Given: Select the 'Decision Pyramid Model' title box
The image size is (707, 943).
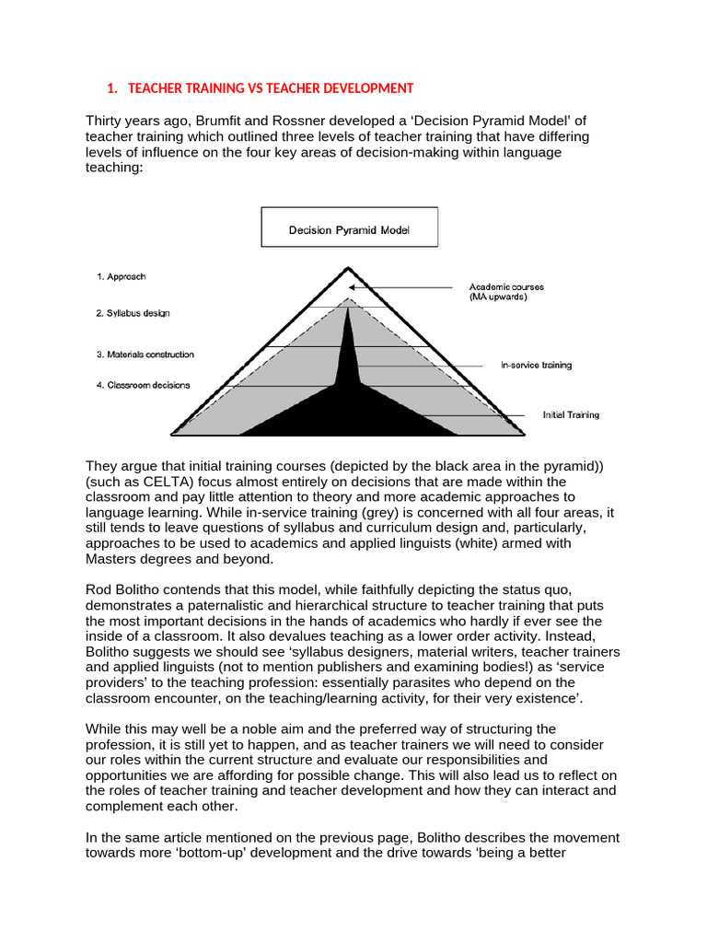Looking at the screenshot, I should point(349,227).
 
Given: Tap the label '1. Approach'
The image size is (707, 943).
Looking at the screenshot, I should point(122,275).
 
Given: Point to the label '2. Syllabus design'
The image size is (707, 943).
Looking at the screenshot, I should point(133,313).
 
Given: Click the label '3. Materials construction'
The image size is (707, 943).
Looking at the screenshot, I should point(145,355).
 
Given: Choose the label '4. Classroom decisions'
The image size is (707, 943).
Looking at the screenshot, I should point(143,385).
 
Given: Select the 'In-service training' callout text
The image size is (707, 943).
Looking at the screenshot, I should point(536,365).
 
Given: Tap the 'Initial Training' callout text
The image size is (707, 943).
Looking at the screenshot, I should point(570,414).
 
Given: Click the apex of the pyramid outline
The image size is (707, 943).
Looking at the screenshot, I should point(347,269).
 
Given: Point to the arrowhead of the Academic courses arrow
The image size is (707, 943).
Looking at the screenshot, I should point(353,287).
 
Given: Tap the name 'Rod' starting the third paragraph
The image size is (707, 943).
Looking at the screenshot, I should point(99,589).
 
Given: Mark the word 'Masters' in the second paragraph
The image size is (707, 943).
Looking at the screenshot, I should point(110,559).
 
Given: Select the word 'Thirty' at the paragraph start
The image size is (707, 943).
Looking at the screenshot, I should point(105,121).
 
